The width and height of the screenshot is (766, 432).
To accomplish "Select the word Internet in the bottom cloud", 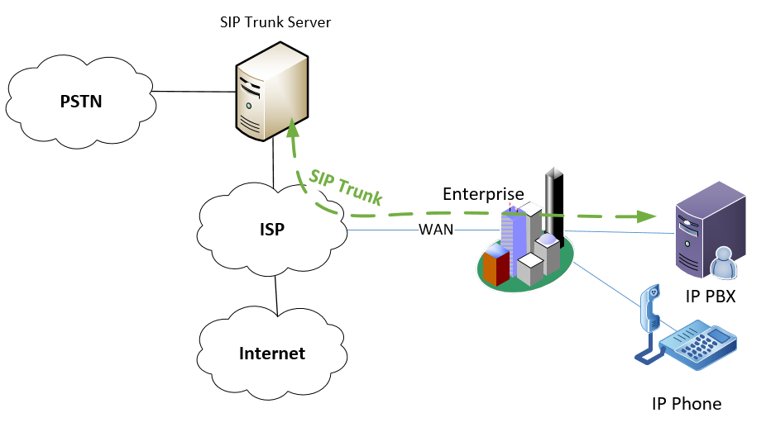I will (x=272, y=354).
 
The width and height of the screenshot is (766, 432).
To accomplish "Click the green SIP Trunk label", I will (x=346, y=188).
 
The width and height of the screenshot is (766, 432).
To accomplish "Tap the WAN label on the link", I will (x=436, y=230).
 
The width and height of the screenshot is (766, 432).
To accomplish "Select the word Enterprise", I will (x=483, y=194).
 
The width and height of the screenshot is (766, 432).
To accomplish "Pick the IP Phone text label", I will (x=687, y=404).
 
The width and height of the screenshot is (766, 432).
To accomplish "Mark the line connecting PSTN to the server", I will (x=190, y=91).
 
